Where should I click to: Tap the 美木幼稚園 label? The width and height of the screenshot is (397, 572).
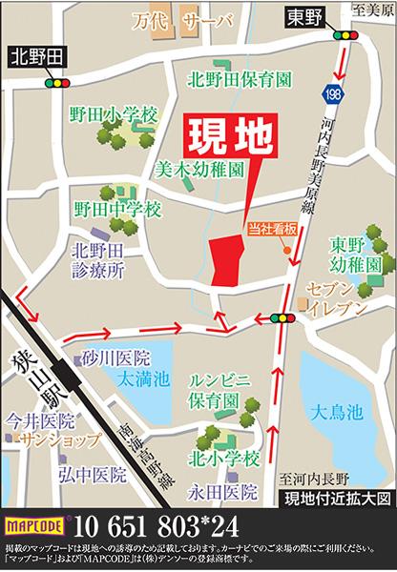(x=198, y=173)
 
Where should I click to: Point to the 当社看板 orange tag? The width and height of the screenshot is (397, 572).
(x=272, y=228)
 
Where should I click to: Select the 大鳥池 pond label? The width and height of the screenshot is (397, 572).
(x=336, y=412)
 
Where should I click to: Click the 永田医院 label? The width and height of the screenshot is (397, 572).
(x=234, y=493)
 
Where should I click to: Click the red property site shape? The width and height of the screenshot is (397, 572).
(x=225, y=260)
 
